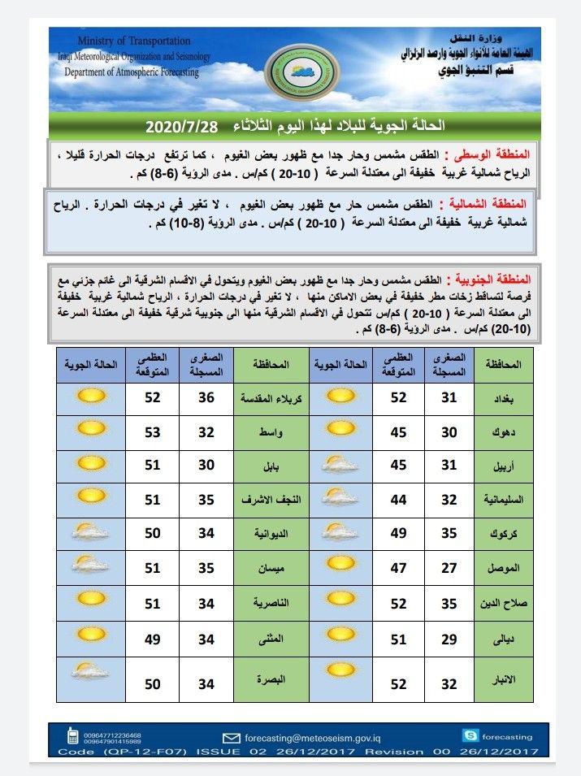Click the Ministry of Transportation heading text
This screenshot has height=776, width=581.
coord(135,41)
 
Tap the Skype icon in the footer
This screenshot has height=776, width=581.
coord(470,735)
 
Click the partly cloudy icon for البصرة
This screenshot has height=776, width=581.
coord(90,671)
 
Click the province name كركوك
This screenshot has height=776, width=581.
coord(500,534)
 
